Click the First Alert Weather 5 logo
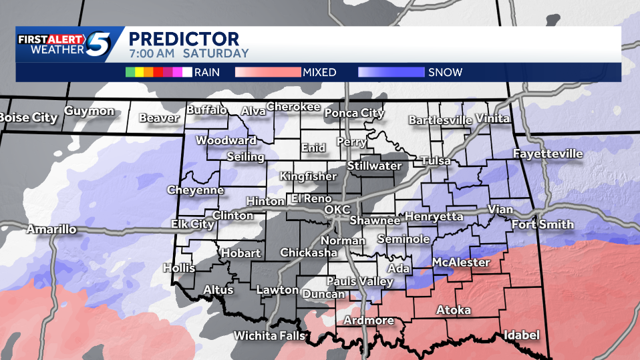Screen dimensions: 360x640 [x=70, y=44]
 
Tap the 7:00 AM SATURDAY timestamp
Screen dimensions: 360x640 [x=188, y=53]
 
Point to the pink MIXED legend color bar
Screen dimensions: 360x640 [x=268, y=72]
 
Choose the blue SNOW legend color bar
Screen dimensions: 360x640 [x=391, y=72]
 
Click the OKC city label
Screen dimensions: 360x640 [x=337, y=210]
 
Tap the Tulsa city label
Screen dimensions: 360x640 [x=436, y=161]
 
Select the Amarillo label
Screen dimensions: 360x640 [x=51, y=230]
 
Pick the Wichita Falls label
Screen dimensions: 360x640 [x=269, y=336]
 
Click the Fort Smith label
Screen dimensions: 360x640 [x=542, y=224]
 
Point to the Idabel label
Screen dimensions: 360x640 [x=521, y=335]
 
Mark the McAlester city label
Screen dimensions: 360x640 [x=461, y=262]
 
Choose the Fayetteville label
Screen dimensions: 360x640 [x=548, y=154]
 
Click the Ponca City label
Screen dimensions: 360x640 [x=354, y=113]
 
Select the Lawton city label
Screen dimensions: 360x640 [x=277, y=290]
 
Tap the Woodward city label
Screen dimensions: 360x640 [x=226, y=140]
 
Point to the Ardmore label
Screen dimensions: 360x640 [x=368, y=321]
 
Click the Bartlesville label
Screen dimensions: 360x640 [x=440, y=120]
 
